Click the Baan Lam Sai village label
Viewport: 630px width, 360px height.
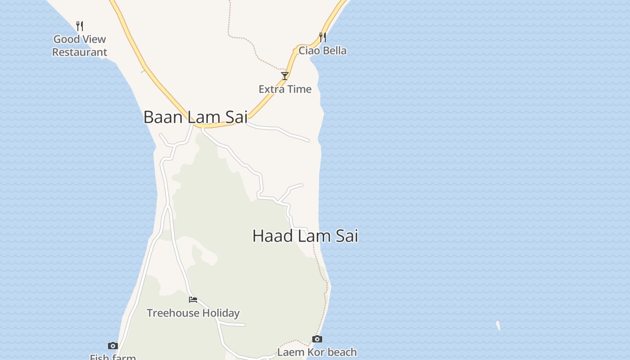[x=195, y=117]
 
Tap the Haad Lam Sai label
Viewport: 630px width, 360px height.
[x=305, y=236]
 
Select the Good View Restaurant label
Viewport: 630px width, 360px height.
[x=80, y=45]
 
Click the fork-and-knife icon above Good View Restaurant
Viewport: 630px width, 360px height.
[x=80, y=26]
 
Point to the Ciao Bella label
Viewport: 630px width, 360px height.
[x=322, y=50]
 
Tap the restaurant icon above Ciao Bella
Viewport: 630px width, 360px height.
[x=322, y=37]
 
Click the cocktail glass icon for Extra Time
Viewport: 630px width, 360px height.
[x=285, y=76]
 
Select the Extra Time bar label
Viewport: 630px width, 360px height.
[x=285, y=89]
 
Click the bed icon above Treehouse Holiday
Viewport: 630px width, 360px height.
[x=193, y=300]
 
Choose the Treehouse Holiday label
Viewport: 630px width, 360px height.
[x=193, y=313]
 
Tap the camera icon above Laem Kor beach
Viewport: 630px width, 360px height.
[x=317, y=339]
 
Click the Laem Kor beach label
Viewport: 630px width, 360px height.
[x=317, y=352]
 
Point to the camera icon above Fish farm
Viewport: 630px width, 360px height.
[x=113, y=346]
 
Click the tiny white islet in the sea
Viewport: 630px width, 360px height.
[x=498, y=325]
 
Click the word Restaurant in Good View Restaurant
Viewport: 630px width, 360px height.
[x=80, y=52]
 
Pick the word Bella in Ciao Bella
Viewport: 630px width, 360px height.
[x=334, y=50]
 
